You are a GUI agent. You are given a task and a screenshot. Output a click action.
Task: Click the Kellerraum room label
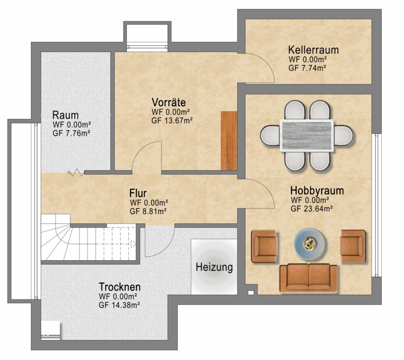pyautogui.click(x=313, y=50)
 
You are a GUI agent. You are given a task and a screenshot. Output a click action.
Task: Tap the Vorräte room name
pyautogui.click(x=169, y=103)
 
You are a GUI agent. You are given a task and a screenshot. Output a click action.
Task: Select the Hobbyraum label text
pyautogui.click(x=317, y=191)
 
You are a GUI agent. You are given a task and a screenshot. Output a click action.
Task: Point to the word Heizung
pyautogui.click(x=214, y=267)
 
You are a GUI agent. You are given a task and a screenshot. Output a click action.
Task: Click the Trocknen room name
pyautogui.click(x=120, y=287)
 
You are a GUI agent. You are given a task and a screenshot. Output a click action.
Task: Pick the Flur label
pyautogui.click(x=138, y=193)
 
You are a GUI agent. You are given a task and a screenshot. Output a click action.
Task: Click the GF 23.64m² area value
pyautogui.click(x=311, y=209)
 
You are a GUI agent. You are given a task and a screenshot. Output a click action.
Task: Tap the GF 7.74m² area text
pyautogui.click(x=307, y=68)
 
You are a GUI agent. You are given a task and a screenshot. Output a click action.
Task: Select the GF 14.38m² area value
pyautogui.click(x=119, y=305)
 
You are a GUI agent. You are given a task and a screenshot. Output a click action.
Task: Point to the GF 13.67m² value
pyautogui.click(x=172, y=120)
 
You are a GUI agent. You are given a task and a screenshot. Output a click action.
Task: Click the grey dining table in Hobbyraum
pyautogui.click(x=306, y=135)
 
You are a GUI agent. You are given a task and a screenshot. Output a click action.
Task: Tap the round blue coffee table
pyautogui.click(x=309, y=243)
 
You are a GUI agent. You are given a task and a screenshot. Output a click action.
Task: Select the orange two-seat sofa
pyautogui.click(x=309, y=278)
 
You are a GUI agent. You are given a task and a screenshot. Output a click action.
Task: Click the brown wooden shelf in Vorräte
pyautogui.click(x=229, y=141)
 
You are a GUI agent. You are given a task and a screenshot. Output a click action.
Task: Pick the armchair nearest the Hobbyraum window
pyautogui.click(x=353, y=246)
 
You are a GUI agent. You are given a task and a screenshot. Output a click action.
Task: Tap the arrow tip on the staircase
pyautogui.click(x=135, y=243)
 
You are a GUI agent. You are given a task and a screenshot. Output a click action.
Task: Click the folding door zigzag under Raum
pyautogui.click(x=75, y=172)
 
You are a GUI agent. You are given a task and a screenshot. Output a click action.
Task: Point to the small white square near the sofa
pyautogui.click(x=251, y=292)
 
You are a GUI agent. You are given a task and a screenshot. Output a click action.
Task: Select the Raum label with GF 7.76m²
pyautogui.click(x=72, y=124)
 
